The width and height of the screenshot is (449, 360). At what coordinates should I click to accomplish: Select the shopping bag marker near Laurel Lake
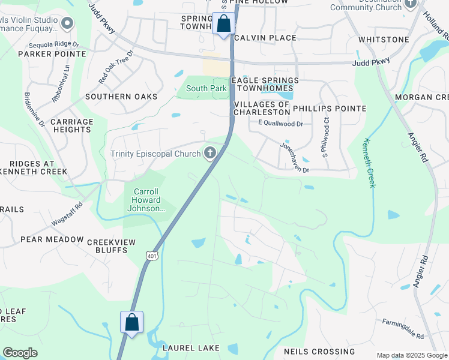[x=132, y=323]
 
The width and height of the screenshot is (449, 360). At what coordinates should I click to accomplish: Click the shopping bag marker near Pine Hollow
[x=223, y=24]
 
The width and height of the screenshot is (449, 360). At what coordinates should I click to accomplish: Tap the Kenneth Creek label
[x=369, y=163]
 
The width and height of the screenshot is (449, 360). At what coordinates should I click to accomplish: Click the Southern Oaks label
[x=121, y=97]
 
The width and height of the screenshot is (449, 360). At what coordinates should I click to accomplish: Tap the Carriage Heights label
[x=72, y=125]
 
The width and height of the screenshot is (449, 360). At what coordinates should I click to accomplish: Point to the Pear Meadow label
[x=52, y=239]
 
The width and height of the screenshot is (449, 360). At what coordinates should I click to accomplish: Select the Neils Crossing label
[x=319, y=352]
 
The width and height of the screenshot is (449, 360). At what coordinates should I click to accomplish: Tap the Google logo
[x=20, y=353]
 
